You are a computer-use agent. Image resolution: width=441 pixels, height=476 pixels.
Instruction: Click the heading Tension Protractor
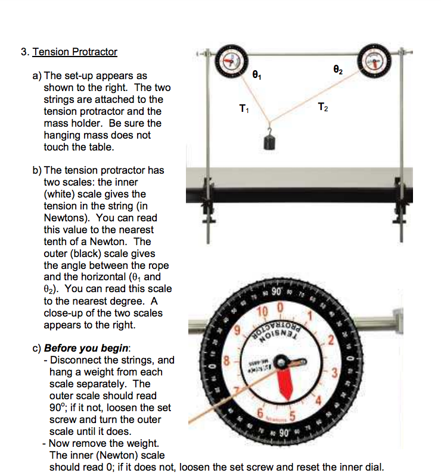click(x=75, y=52)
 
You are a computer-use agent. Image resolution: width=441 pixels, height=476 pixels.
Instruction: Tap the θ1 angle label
click(x=257, y=76)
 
